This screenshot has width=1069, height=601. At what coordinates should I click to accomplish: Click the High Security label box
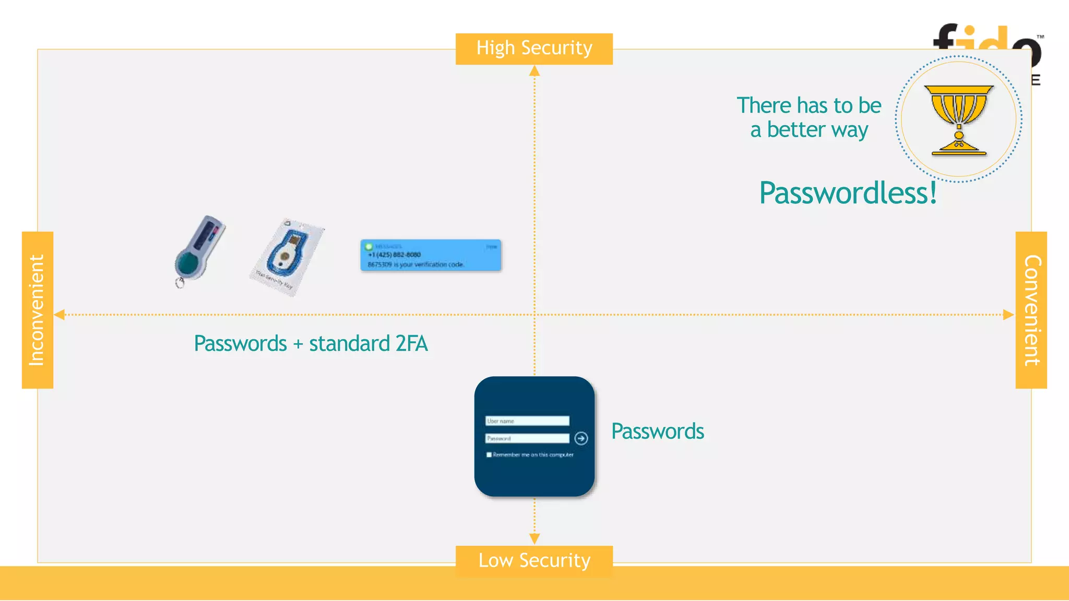click(x=534, y=49)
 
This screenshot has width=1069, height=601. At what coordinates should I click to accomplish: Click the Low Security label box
click(x=534, y=561)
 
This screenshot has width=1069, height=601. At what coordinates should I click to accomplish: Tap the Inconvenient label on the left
click(x=37, y=310)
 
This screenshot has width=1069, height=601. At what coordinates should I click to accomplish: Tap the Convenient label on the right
click(x=1031, y=310)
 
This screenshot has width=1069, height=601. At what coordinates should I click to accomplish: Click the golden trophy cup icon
click(x=959, y=120)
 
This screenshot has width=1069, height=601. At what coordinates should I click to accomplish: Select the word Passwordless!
click(x=848, y=193)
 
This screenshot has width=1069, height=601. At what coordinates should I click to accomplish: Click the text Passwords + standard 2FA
click(x=311, y=344)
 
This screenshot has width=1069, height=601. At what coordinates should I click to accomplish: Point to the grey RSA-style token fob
click(x=199, y=249)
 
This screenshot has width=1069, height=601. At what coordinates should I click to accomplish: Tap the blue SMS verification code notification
click(x=431, y=255)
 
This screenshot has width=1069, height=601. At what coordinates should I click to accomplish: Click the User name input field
click(x=527, y=421)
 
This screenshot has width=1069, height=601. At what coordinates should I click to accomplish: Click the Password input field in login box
click(x=527, y=438)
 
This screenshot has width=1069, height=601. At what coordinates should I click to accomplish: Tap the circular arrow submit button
click(x=581, y=438)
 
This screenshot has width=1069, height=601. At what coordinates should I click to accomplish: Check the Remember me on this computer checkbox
click(x=489, y=455)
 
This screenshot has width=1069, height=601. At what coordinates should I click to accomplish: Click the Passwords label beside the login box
click(x=658, y=431)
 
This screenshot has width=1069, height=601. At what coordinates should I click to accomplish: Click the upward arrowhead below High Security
click(x=534, y=71)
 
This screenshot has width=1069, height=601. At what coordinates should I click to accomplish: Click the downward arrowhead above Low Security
click(x=534, y=538)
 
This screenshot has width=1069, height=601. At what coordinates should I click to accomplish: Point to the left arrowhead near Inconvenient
click(x=60, y=315)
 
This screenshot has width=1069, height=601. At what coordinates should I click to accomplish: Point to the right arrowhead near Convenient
click(x=1008, y=315)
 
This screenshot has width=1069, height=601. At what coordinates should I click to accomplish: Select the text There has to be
click(x=809, y=105)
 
